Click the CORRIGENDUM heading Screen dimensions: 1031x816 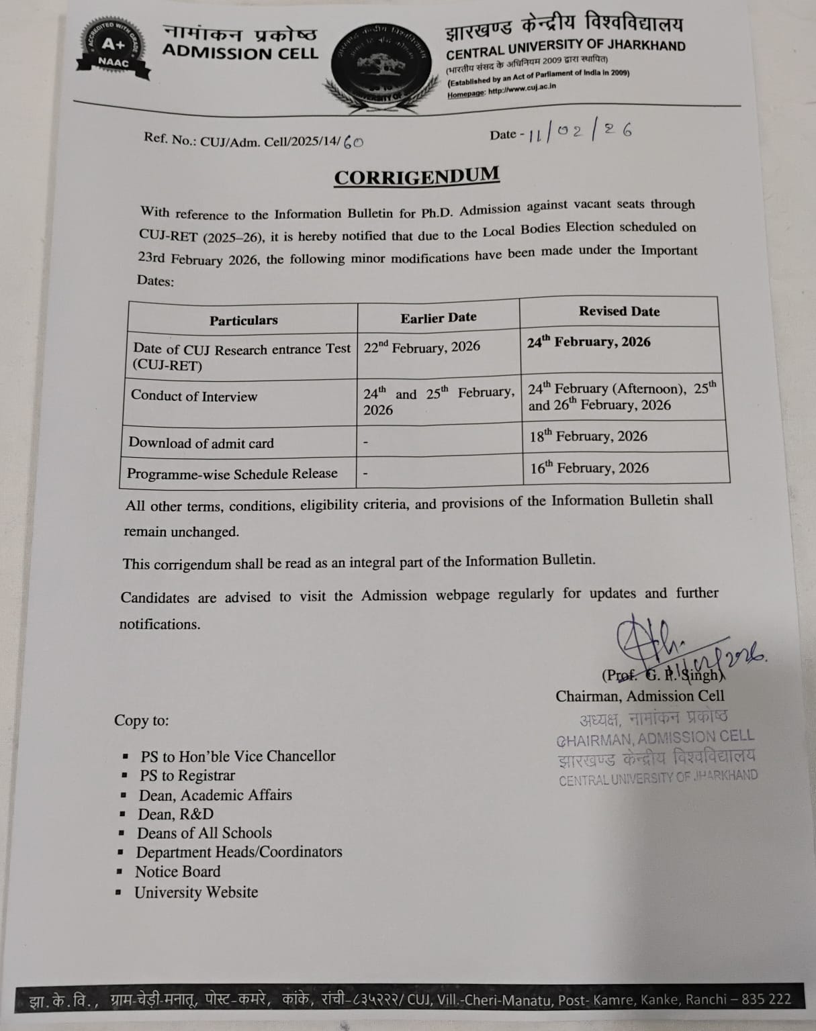[416, 177]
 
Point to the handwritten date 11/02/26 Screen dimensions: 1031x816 [580, 132]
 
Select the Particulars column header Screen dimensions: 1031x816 [243, 320]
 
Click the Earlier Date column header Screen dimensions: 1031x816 [439, 317]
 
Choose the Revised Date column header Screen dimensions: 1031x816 [619, 311]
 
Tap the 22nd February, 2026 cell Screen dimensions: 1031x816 [422, 347]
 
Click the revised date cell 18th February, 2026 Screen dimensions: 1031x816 [588, 436]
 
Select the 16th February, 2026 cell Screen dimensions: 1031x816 [589, 468]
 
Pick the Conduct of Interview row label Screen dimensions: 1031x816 [194, 395]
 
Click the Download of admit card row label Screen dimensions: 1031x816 [201, 443]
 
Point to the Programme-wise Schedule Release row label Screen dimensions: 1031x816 [232, 474]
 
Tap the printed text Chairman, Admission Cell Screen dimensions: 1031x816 [639, 696]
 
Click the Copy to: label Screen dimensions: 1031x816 [142, 720]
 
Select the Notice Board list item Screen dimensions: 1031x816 [178, 872]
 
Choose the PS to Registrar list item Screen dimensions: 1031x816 [187, 775]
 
